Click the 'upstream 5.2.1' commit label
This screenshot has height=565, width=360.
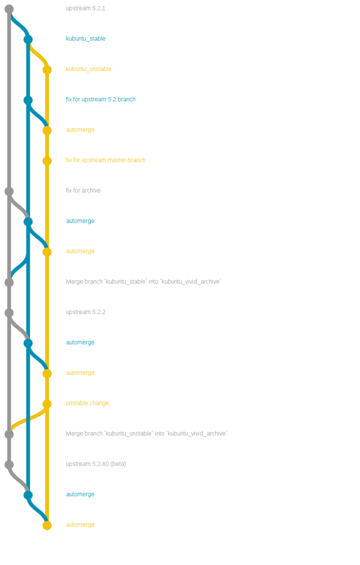[85, 8]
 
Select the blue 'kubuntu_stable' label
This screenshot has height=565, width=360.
[85, 39]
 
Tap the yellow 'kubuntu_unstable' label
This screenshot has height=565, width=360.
[89, 69]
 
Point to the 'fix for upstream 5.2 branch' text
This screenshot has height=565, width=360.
[100, 99]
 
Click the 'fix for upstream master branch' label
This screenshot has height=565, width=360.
[106, 160]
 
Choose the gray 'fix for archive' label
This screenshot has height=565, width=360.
[83, 190]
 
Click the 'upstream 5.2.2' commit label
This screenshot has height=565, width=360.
[85, 312]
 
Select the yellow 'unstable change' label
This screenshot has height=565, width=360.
[87, 403]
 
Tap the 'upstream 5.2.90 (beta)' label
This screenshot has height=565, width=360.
[96, 464]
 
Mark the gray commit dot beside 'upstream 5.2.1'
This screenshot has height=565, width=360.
[9, 8]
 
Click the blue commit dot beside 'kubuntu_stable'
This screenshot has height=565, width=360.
[28, 39]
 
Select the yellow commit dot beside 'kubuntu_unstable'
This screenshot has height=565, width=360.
[47, 70]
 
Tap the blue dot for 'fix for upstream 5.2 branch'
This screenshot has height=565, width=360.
[28, 100]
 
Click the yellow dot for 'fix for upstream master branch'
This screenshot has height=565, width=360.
[47, 161]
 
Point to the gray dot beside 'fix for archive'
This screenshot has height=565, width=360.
[9, 191]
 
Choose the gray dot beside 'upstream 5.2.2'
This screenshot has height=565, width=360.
[9, 312]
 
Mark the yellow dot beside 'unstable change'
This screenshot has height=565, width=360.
[47, 404]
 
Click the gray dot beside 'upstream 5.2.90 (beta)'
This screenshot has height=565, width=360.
[9, 465]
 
